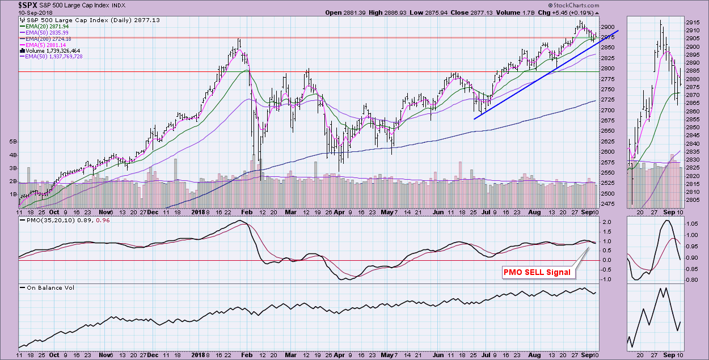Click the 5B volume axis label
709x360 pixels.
pyautogui.click(x=11, y=141)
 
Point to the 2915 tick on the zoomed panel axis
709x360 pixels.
pyautogui.click(x=693, y=22)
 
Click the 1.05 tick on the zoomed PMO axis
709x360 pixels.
pyautogui.click(x=691, y=224)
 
